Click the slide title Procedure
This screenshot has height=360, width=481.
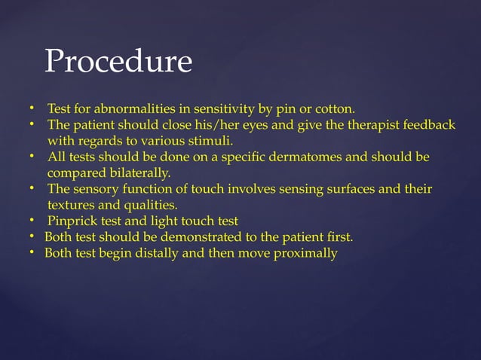118,62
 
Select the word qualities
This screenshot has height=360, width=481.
149,204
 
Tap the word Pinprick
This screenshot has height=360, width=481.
72,221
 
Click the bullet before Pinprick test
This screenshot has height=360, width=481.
33,221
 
